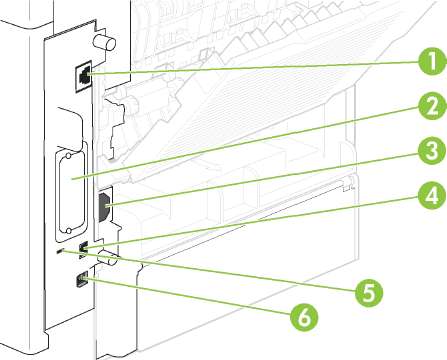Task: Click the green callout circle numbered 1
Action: coord(432,62)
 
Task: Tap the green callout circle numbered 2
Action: coord(432,107)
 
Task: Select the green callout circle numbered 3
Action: coord(432,151)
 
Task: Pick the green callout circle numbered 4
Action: coord(432,195)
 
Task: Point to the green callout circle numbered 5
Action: coord(369,293)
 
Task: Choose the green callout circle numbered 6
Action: coord(304,317)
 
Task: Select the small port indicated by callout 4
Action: coord(83,249)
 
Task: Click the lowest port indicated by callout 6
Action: coord(81,279)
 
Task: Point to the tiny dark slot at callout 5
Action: coord(60,251)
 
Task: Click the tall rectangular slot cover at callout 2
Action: coord(72,192)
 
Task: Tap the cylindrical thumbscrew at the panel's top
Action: coord(104,41)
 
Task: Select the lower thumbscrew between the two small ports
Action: coord(109,260)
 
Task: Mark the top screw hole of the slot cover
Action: coord(68,156)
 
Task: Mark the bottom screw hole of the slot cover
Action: coord(68,231)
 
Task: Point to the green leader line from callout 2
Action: coord(246,144)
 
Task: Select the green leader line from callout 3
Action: coord(262,179)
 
